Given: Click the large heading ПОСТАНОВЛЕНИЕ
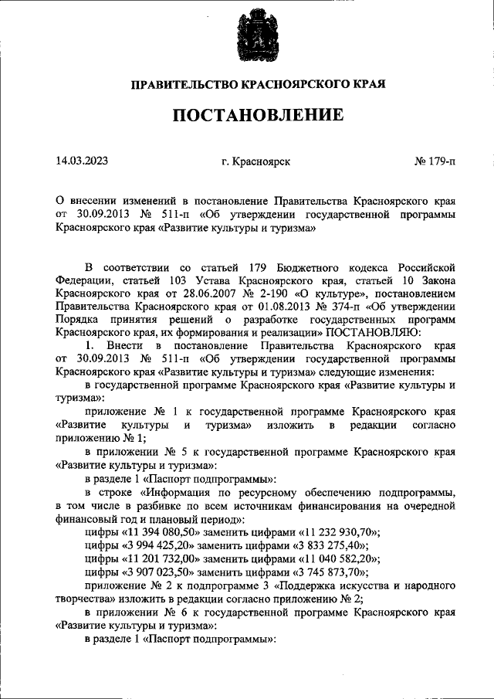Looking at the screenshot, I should pyautogui.click(x=246, y=116).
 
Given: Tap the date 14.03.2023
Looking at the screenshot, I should pyautogui.click(x=82, y=161).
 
